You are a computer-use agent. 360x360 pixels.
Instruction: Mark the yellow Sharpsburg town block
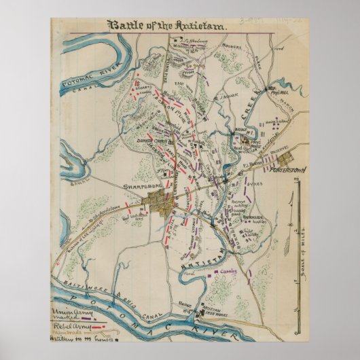tap(161, 202)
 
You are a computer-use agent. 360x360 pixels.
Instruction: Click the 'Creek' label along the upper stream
tap(253, 97)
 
